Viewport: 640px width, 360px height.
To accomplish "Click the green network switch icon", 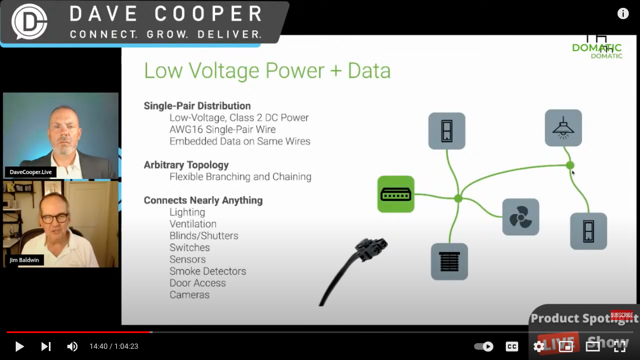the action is tap(396, 194).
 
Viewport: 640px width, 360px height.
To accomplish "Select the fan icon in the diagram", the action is tap(520, 217).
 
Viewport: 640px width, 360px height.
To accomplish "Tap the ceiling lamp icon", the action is tap(563, 128).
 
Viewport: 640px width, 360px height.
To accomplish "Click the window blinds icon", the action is tap(449, 262).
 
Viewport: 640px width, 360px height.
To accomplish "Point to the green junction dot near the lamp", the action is tap(570, 165).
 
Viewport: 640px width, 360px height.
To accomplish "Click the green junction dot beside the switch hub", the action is tap(458, 198).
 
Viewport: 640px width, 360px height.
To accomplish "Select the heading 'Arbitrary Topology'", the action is tap(186, 165).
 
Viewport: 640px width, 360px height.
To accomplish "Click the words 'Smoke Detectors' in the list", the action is tap(208, 271).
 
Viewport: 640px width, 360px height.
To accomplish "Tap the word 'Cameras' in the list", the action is tap(189, 295).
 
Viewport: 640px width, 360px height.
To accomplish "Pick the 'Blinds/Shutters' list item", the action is tap(204, 236).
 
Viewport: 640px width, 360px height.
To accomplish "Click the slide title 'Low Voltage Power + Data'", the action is tap(267, 71).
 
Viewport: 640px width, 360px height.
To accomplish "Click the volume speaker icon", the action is tap(72, 347).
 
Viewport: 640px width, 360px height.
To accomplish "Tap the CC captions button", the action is tap(511, 347).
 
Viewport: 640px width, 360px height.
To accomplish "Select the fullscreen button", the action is tap(619, 347).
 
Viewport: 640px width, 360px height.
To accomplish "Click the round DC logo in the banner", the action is tap(29, 21).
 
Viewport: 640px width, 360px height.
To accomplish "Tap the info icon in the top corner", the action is tap(623, 14).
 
